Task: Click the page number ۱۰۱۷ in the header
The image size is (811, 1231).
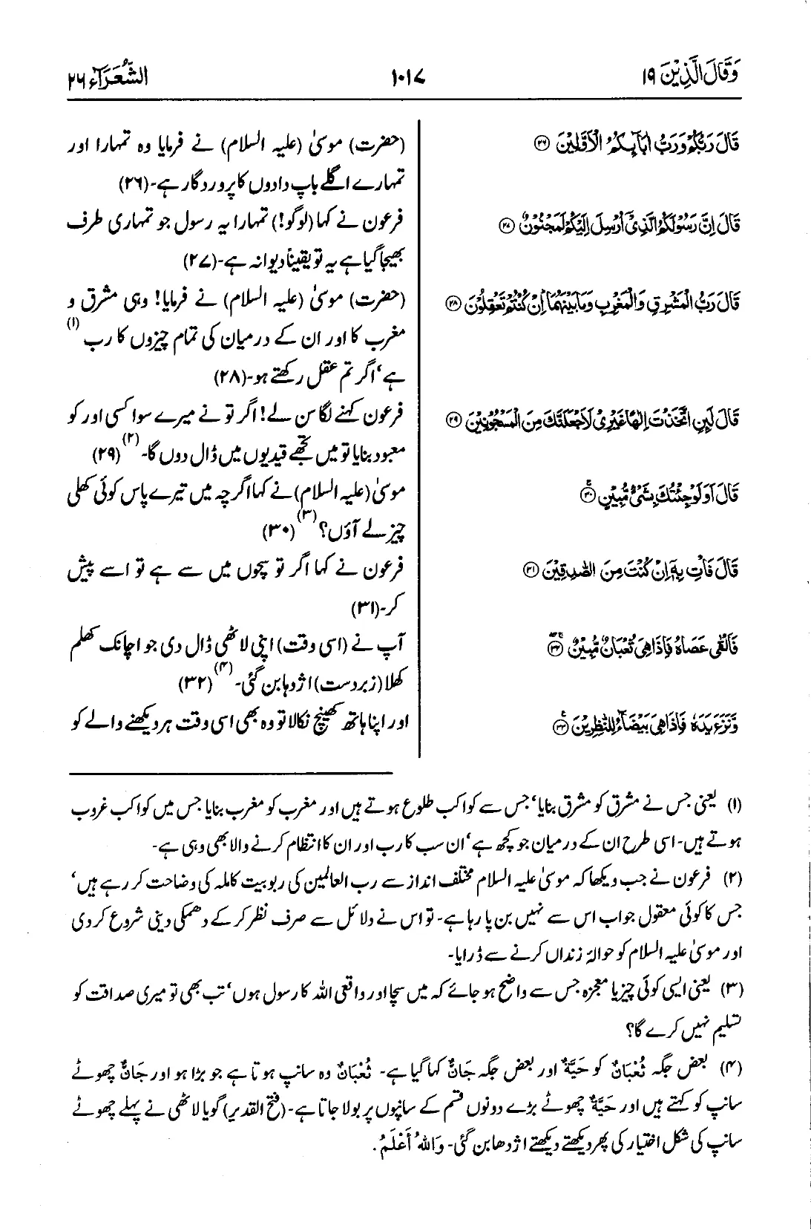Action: click(x=407, y=76)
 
